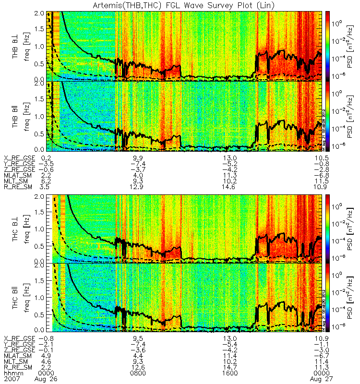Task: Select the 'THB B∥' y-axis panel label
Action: coord(16,116)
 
